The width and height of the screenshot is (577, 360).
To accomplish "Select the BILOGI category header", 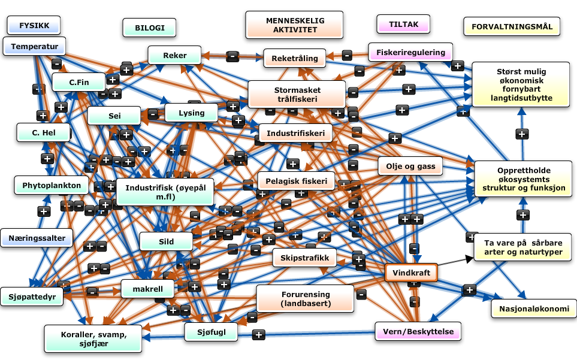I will (149, 28).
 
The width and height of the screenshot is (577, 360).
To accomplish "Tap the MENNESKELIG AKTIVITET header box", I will (294, 25).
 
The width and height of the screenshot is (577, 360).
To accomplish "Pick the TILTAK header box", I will (403, 25).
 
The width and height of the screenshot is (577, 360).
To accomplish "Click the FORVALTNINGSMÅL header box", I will (512, 26).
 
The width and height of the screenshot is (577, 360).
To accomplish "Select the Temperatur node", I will (34, 46).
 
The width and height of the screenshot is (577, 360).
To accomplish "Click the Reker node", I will (175, 56).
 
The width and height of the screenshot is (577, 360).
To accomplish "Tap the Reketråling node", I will (294, 58).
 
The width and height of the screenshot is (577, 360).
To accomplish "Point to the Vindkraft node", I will (411, 273).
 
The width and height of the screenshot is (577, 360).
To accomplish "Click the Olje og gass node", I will (410, 166).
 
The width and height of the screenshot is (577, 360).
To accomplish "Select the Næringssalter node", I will (37, 238).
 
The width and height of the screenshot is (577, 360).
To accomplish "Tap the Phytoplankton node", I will (52, 185).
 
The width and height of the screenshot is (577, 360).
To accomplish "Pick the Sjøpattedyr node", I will (32, 296).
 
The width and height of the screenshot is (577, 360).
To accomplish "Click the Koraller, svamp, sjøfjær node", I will (93, 339).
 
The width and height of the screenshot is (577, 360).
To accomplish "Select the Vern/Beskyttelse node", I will (418, 331).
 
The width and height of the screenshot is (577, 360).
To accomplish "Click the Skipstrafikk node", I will (304, 258).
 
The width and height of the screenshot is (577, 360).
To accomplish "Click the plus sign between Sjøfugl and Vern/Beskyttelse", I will (258, 334).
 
